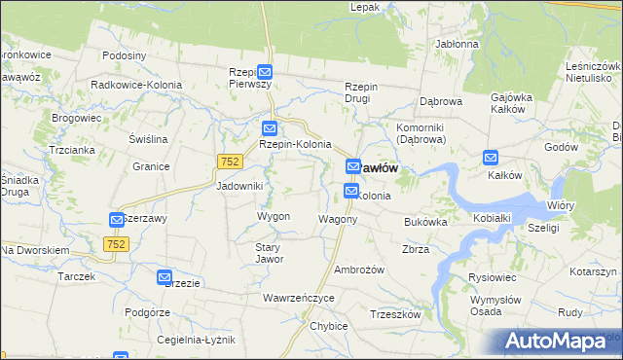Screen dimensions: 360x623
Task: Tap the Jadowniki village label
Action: pos(239,186)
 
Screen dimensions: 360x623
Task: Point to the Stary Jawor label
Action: pos(269,254)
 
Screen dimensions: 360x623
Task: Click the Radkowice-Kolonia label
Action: pos(136,85)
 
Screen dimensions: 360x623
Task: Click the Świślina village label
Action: pos(149,139)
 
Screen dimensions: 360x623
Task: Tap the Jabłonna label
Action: pos(457,44)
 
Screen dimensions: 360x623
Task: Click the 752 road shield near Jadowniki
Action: pos(229,162)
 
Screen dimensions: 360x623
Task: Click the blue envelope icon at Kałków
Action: pos(492,158)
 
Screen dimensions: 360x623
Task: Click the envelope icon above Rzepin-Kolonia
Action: pos(271,127)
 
